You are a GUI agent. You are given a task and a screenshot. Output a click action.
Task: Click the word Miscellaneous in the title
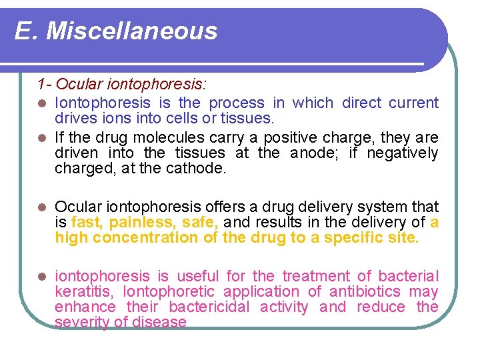[x=132, y=31]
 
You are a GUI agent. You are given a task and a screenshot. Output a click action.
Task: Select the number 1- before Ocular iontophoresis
[x=45, y=85]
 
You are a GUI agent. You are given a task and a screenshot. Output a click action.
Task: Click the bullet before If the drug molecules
[x=42, y=138]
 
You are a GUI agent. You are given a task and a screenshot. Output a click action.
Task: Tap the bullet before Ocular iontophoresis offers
[x=42, y=207]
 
